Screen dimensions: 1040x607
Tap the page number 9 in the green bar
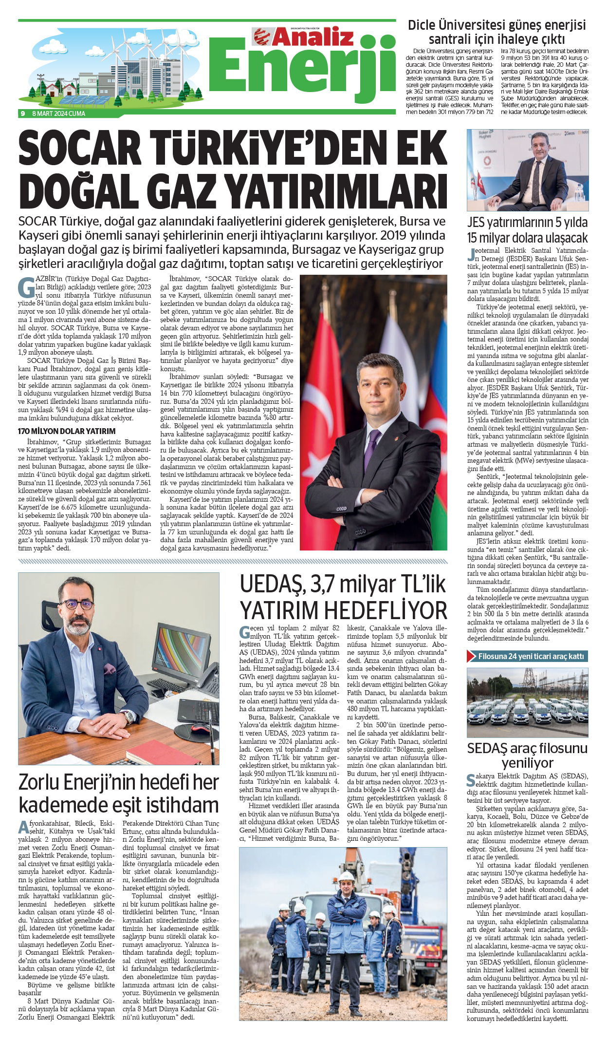coord(22,113)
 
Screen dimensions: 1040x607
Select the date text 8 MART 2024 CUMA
coord(58,113)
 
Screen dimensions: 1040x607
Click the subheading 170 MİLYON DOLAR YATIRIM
coord(67,431)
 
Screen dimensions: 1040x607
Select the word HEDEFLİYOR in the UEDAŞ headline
coord(386,610)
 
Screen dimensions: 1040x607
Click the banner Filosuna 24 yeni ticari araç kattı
coord(531,656)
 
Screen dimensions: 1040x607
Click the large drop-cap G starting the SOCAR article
coord(26,287)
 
